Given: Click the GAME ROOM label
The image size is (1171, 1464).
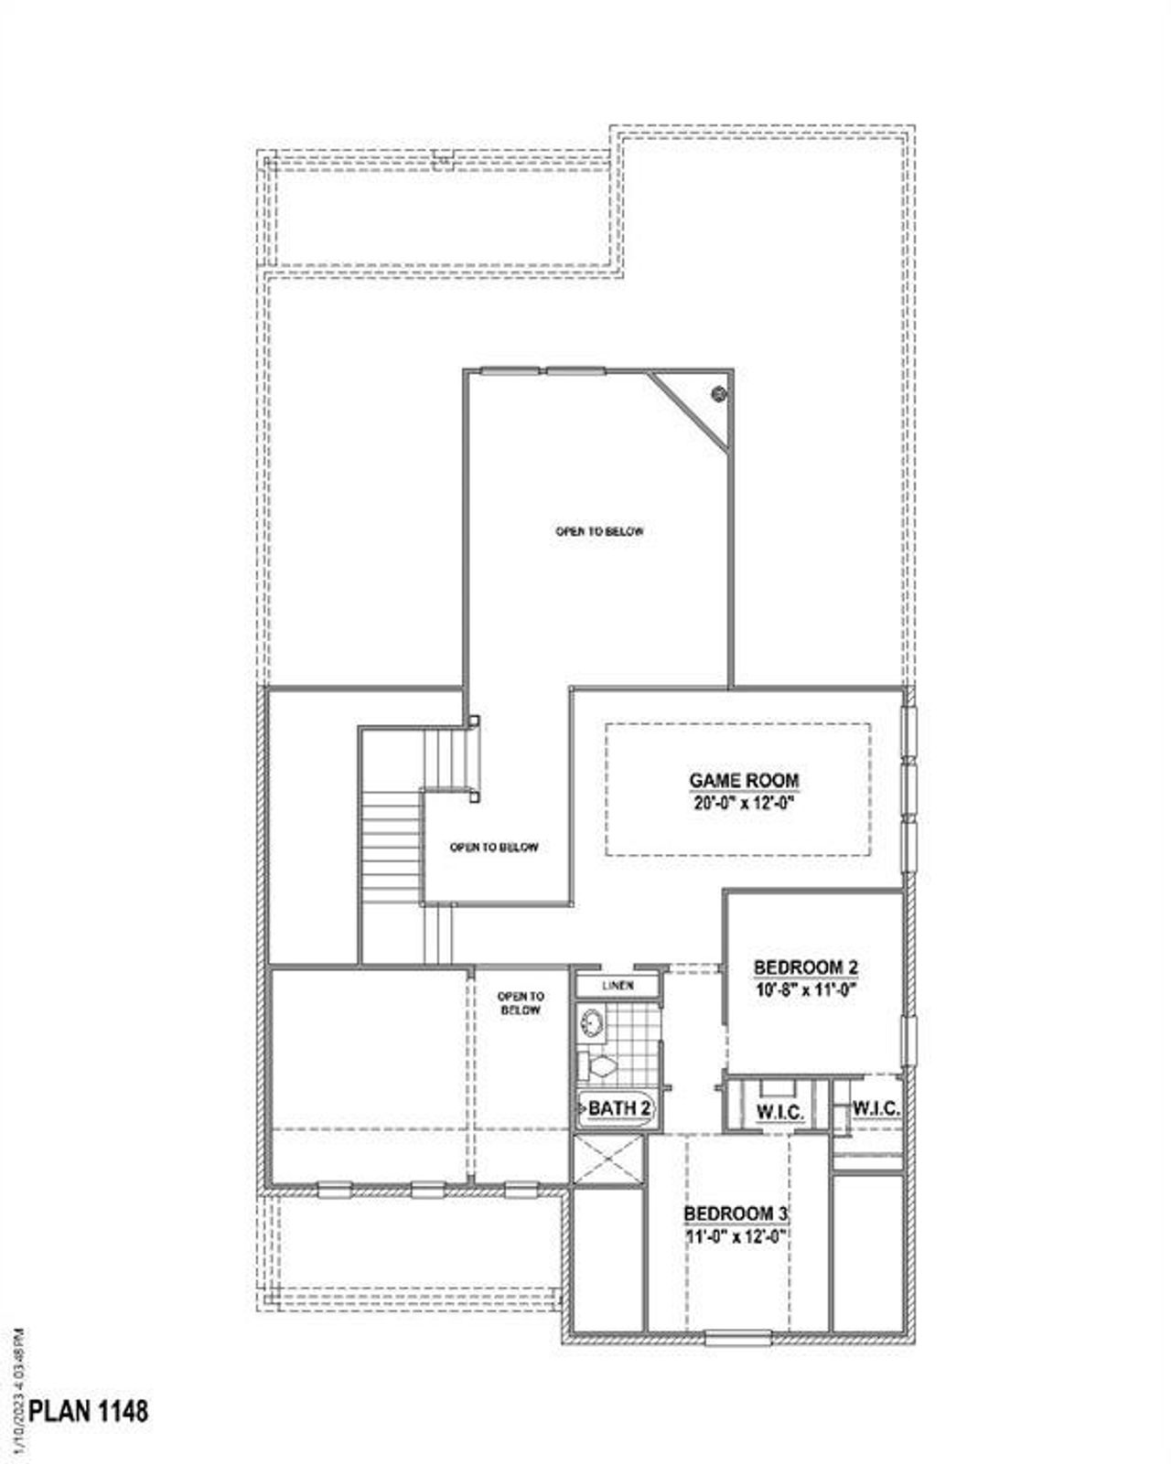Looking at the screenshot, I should tap(744, 781).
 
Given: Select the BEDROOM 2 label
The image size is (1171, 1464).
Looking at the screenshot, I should tap(805, 967).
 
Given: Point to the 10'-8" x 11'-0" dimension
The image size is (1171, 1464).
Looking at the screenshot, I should tap(805, 989).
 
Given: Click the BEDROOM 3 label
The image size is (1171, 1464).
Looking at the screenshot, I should tap(736, 1213).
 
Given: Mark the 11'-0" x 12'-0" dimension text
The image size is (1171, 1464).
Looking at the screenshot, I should tap(736, 1235).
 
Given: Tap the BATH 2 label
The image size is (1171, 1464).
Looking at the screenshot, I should tap(619, 1108).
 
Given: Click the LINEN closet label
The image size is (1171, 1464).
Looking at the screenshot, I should tap(618, 986).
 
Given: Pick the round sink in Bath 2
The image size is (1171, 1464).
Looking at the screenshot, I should tap(593, 1023).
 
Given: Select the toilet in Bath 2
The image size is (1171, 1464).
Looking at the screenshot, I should tap(600, 1065).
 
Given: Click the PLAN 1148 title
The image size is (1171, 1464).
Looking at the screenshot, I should tap(88, 1411).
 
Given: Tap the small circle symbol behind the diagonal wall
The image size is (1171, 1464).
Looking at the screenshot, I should tap(719, 394).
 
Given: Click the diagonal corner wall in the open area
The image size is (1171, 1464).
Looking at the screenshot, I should tap(689, 411).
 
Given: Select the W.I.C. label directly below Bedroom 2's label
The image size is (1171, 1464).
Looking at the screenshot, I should tap(779, 1113).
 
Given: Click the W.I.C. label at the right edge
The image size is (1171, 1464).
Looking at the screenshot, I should tap(876, 1108).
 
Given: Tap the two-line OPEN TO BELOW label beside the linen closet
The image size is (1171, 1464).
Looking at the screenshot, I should tap(521, 1003).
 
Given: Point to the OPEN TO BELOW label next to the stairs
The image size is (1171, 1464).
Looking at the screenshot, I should tap(494, 848).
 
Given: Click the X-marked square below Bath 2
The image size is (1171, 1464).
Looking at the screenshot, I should tap(608, 1161).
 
